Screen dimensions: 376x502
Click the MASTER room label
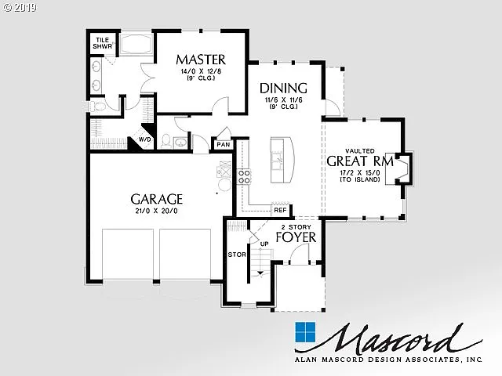(201, 60)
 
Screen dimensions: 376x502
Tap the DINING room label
(283, 88)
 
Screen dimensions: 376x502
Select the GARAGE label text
(156, 199)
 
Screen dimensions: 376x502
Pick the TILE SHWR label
(103, 43)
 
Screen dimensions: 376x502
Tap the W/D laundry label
(144, 140)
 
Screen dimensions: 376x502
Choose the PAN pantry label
(224, 144)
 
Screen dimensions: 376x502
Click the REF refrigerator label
(280, 210)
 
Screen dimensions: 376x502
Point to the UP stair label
(264, 244)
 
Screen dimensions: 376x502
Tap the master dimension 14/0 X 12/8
(201, 72)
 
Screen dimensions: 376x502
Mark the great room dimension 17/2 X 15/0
(359, 172)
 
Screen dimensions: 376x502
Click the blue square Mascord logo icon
(305, 331)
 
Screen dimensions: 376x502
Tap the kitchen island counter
(280, 160)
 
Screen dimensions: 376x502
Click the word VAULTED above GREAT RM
(359, 150)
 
